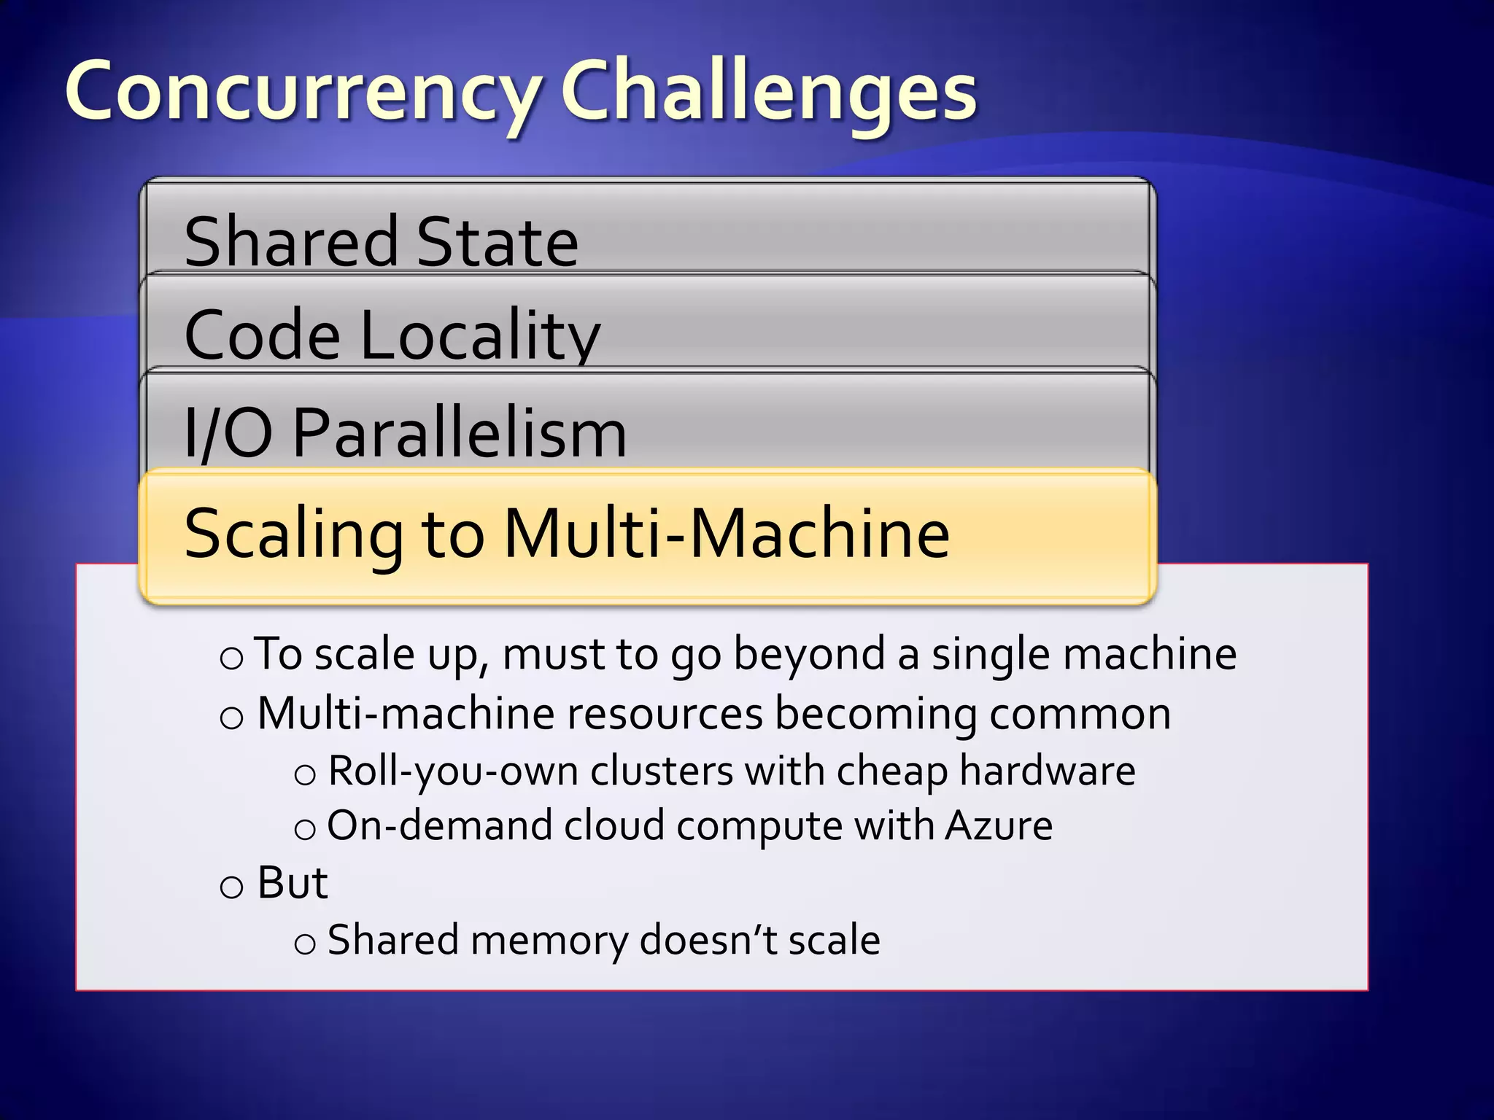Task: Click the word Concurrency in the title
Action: pos(303,93)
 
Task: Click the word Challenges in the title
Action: pos(768,93)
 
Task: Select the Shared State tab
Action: pos(381,241)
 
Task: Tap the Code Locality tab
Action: pos(392,334)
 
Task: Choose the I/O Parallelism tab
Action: pos(406,433)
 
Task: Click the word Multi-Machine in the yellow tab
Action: pos(727,533)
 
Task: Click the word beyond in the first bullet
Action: pos(809,654)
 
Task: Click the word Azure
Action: pos(999,825)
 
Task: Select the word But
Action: pos(293,882)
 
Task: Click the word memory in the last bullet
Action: pos(549,940)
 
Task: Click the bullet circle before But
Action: pos(231,887)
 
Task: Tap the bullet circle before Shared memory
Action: pos(305,944)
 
